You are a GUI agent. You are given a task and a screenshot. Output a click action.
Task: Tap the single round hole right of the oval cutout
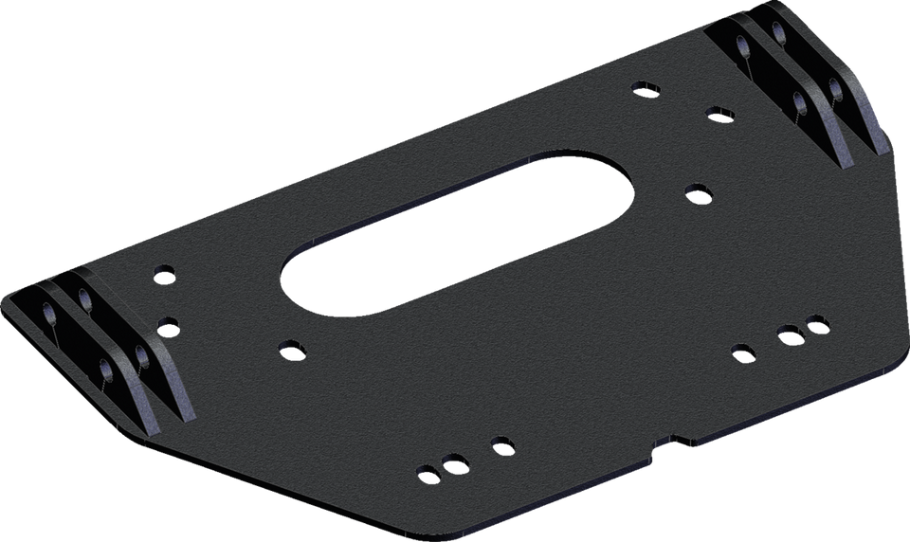pyautogui.click(x=698, y=192)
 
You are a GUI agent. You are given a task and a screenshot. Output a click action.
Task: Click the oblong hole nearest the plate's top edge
pyautogui.click(x=646, y=89)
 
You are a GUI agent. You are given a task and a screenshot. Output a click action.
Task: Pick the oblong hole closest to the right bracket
pyautogui.click(x=719, y=114)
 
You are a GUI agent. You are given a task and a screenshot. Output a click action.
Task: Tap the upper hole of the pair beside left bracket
pyautogui.click(x=165, y=273)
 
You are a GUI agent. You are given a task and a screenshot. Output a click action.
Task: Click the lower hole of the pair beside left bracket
pyautogui.click(x=167, y=325)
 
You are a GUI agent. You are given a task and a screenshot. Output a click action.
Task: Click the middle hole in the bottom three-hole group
pyautogui.click(x=455, y=463)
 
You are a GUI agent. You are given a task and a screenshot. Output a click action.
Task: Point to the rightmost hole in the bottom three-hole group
pyautogui.click(x=501, y=443)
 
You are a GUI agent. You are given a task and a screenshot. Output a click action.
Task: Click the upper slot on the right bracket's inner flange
pyautogui.click(x=739, y=43)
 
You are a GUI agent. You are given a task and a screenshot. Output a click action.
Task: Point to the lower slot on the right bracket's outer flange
pyautogui.click(x=835, y=89)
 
